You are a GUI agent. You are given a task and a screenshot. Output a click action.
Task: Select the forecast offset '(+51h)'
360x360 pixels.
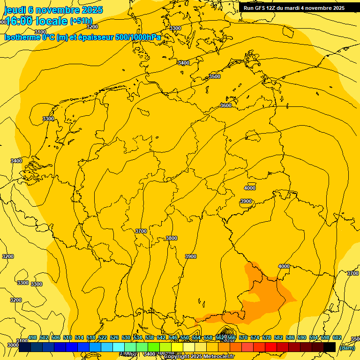(81, 21)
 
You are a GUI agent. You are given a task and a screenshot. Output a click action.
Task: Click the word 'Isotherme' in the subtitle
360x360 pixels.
(22, 37)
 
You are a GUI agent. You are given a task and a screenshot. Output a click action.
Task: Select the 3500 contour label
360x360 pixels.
(215, 76)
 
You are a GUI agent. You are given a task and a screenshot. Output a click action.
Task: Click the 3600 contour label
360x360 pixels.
(226, 106)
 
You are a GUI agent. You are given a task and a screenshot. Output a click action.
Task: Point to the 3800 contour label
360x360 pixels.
(172, 239)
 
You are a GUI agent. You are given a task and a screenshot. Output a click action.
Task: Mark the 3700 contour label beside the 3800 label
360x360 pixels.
(141, 231)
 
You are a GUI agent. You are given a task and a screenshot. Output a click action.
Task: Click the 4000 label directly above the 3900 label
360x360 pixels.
(250, 188)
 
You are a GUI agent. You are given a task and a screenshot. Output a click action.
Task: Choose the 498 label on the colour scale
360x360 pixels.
(32, 337)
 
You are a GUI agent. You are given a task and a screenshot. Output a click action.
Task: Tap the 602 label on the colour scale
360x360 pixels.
(337, 337)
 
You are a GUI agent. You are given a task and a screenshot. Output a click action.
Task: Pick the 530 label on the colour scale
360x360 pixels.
(126, 337)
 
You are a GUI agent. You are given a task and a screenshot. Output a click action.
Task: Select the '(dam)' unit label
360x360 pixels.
(347, 348)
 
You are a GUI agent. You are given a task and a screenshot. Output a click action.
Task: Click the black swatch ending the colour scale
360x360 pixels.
(330, 347)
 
